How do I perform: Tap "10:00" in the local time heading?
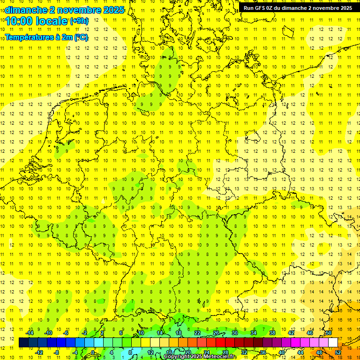(19, 21)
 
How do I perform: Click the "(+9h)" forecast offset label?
(78, 21)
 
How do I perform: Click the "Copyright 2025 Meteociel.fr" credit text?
(200, 357)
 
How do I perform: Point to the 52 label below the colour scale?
(338, 352)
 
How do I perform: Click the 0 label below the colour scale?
(93, 352)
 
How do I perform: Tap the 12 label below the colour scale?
(150, 352)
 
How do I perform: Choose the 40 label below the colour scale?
(282, 352)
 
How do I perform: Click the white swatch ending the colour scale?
(333, 343)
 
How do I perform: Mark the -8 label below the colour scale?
(57, 352)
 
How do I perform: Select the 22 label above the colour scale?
(197, 333)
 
